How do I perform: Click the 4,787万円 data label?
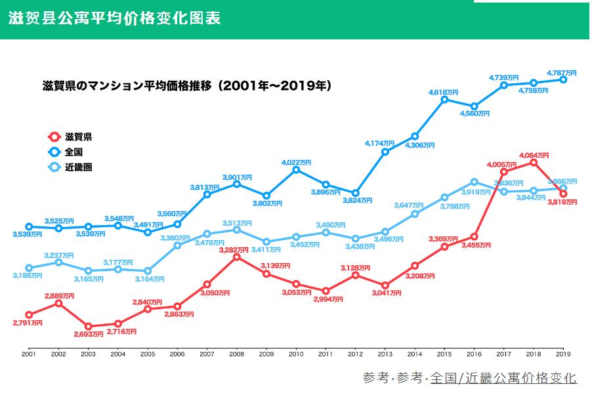tap(562, 72)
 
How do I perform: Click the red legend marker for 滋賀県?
tap(54, 137)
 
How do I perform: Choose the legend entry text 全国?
tap(74, 152)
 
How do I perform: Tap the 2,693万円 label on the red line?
tap(89, 335)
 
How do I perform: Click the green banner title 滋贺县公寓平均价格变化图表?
tap(115, 18)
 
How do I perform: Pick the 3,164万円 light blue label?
tap(148, 278)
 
